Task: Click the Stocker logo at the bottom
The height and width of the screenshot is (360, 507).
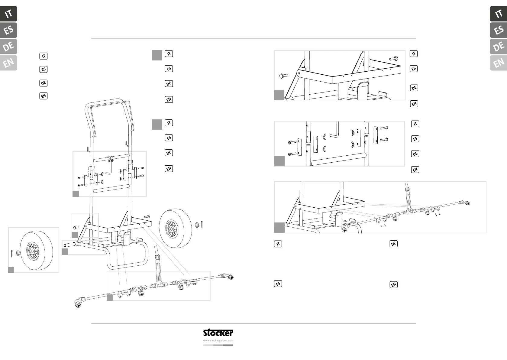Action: pyautogui.click(x=218, y=333)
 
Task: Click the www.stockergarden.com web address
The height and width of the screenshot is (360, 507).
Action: pyautogui.click(x=218, y=340)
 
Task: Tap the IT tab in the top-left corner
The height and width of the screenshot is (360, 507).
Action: pyautogui.click(x=8, y=14)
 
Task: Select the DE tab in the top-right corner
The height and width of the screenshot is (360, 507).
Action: pyautogui.click(x=498, y=47)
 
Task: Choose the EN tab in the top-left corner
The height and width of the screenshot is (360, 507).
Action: pyautogui.click(x=8, y=63)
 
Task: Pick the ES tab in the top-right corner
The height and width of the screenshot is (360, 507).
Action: pyautogui.click(x=498, y=30)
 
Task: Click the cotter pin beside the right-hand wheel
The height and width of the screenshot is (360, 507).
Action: pyautogui.click(x=202, y=225)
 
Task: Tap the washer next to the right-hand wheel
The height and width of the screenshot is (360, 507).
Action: pyautogui.click(x=197, y=225)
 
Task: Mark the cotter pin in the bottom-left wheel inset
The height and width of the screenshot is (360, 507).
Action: pyautogui.click(x=12, y=253)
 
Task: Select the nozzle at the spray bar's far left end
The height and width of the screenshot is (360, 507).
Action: pyautogui.click(x=78, y=303)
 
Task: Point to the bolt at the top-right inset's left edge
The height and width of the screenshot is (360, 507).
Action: pyautogui.click(x=284, y=76)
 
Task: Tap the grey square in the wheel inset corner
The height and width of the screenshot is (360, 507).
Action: pyautogui.click(x=11, y=270)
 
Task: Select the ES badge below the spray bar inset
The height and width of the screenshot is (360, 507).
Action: pyautogui.click(x=278, y=284)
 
